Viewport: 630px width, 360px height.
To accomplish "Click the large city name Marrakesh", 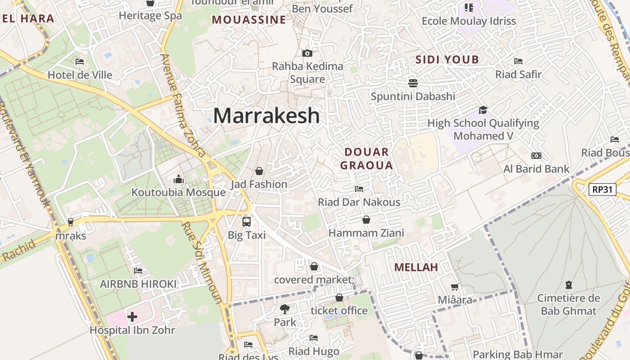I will coord(266,116).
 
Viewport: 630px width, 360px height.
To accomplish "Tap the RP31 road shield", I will coord(602,189).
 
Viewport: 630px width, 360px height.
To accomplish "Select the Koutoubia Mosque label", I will coord(178,193).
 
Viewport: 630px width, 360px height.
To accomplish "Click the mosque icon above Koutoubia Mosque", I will coord(179,180).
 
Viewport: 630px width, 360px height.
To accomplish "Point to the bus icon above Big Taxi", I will coord(247,221).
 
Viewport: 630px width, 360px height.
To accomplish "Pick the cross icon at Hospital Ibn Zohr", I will coord(132,317).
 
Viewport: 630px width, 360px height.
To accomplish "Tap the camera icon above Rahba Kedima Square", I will coord(307,53).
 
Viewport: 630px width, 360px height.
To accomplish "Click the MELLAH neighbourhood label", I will coord(416,267).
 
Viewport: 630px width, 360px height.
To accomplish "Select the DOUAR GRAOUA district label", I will coord(366,158).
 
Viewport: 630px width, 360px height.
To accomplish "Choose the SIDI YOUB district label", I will coord(447,60).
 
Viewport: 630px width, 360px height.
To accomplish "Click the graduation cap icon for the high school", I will coord(483,110).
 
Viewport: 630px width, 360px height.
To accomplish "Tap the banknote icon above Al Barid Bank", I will coord(536,156).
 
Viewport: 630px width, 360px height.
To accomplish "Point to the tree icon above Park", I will coord(284,309).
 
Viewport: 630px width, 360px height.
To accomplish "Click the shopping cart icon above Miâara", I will coord(455,287).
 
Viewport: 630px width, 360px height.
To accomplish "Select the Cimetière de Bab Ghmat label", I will coord(568,304).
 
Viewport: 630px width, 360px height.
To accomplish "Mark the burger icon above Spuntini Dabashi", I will coord(413,83).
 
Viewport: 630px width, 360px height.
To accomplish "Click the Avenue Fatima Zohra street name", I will coord(183,106).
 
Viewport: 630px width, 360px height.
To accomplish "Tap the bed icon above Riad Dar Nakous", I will coord(359,189).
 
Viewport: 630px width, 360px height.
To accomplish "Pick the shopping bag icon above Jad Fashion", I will coord(259,171).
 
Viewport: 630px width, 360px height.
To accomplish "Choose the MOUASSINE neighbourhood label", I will coord(249,20).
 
